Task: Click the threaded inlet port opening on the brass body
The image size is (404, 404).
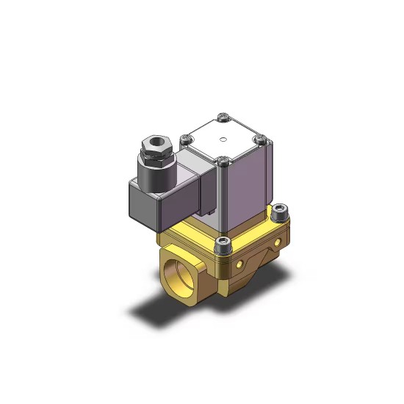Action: pyautogui.click(x=173, y=272)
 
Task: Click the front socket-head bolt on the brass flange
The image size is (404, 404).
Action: pyautogui.click(x=224, y=242)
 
